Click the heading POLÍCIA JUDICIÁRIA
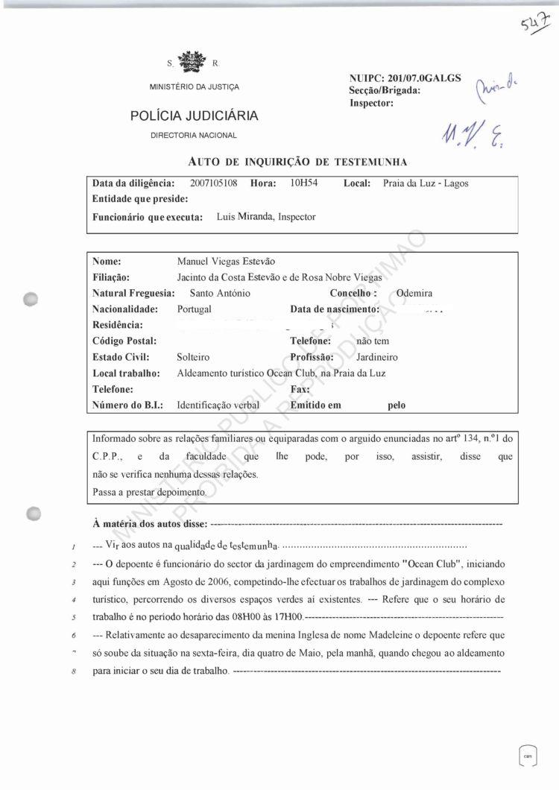point(194,116)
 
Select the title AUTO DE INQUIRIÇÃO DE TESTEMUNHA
point(297,161)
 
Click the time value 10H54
point(304,183)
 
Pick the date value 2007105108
point(213,183)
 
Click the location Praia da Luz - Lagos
point(426,183)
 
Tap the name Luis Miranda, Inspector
point(266,217)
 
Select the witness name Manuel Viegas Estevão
point(226,262)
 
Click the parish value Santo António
point(220,293)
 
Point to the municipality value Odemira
point(414,293)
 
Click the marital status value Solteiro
point(193,357)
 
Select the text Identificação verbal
point(218,405)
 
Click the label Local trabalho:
point(126,373)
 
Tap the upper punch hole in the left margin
point(31,298)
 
